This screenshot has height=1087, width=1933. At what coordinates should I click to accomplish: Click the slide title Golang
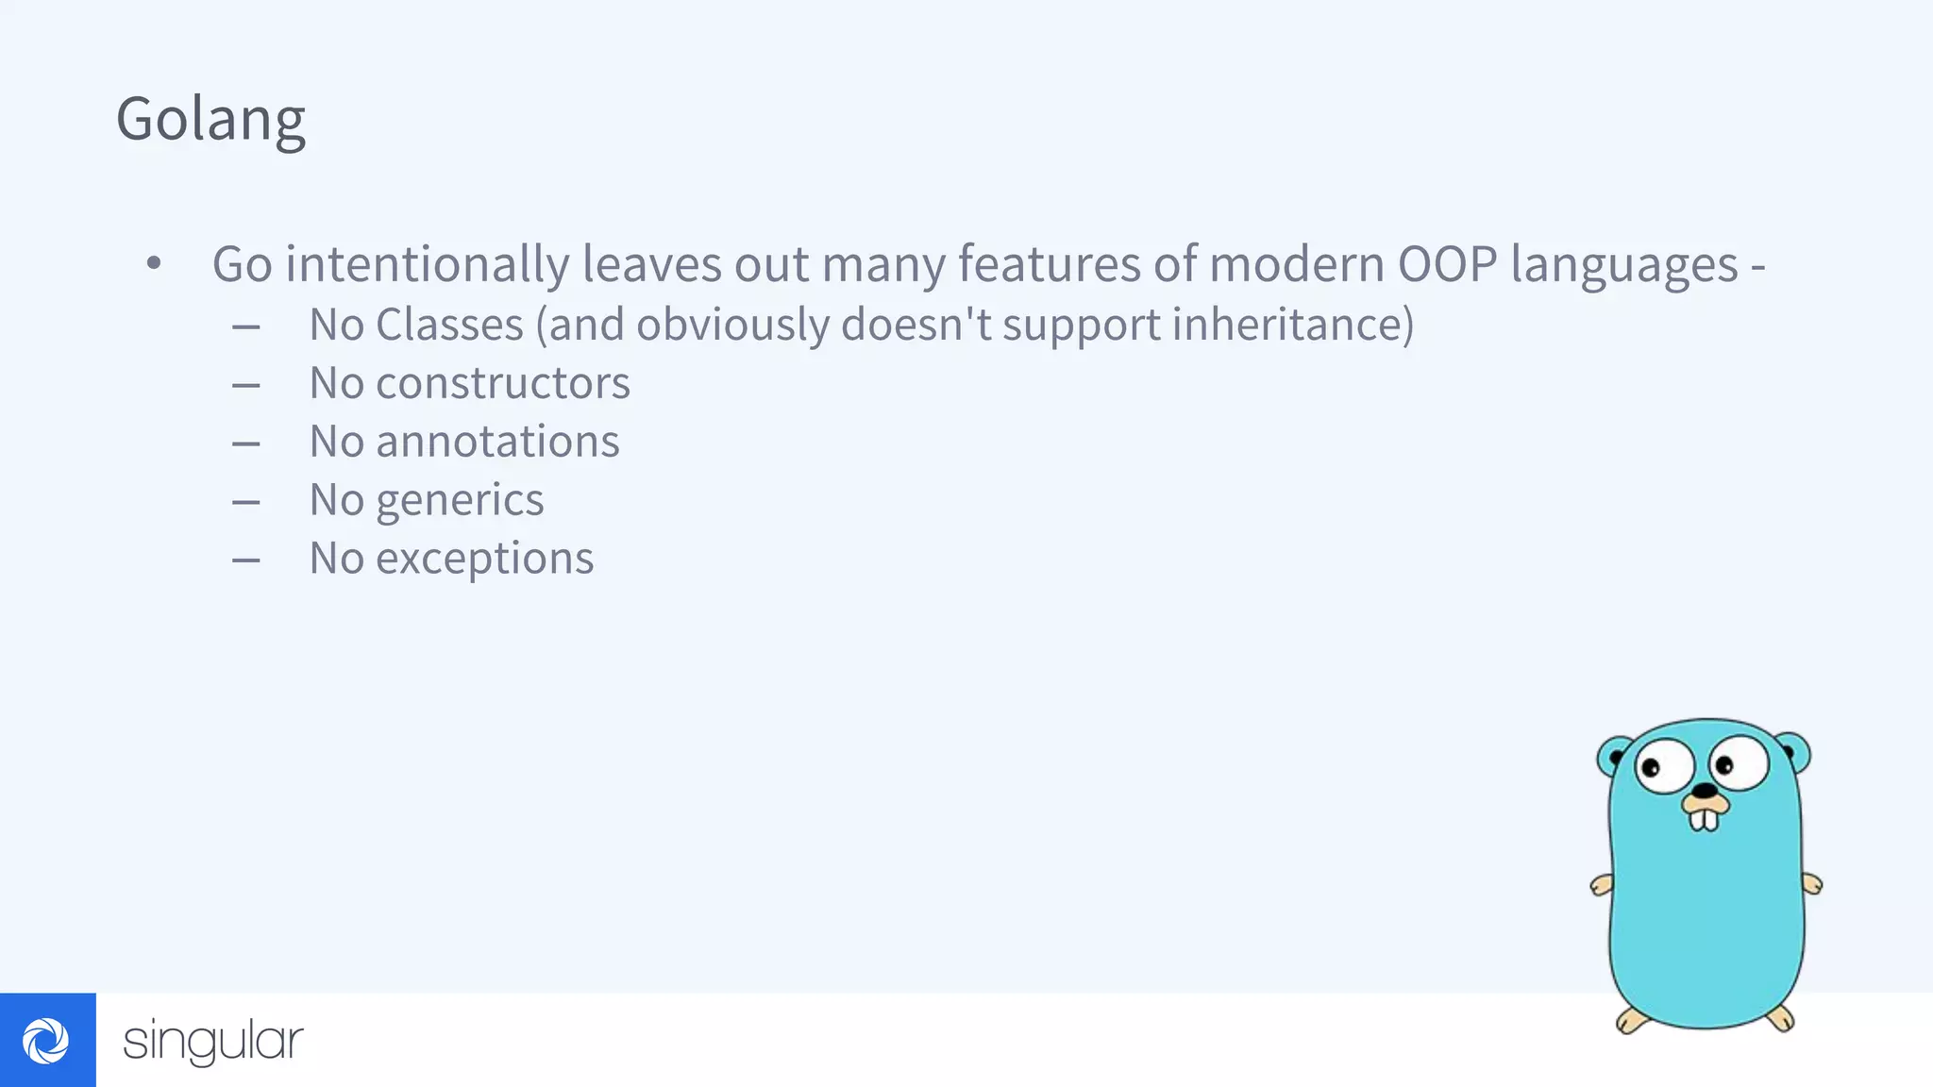210,121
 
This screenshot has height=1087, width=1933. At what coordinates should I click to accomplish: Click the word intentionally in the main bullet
427,264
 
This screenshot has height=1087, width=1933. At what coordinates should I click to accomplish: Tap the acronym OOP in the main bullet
1447,264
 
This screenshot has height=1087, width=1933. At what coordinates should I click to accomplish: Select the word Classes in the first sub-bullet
449,325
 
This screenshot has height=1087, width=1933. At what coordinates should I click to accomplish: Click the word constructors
502,383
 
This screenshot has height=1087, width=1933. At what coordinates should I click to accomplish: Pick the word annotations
497,442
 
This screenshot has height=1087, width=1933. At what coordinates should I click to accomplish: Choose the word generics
460,500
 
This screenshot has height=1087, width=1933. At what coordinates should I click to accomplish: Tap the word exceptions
484,559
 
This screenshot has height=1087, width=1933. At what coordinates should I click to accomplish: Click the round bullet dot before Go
154,263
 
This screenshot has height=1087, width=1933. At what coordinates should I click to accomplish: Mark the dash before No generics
246,502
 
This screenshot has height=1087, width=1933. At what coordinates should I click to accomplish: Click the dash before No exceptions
246,560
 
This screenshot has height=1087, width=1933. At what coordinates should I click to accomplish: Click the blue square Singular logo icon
47,1040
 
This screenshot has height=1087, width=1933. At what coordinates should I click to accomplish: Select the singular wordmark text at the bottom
213,1041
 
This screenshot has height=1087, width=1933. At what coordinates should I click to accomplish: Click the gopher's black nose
1705,791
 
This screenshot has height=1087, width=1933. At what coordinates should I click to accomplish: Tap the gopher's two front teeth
1704,820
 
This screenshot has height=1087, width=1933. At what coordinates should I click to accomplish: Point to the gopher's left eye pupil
1651,767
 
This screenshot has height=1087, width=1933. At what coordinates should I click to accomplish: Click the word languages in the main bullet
1623,264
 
